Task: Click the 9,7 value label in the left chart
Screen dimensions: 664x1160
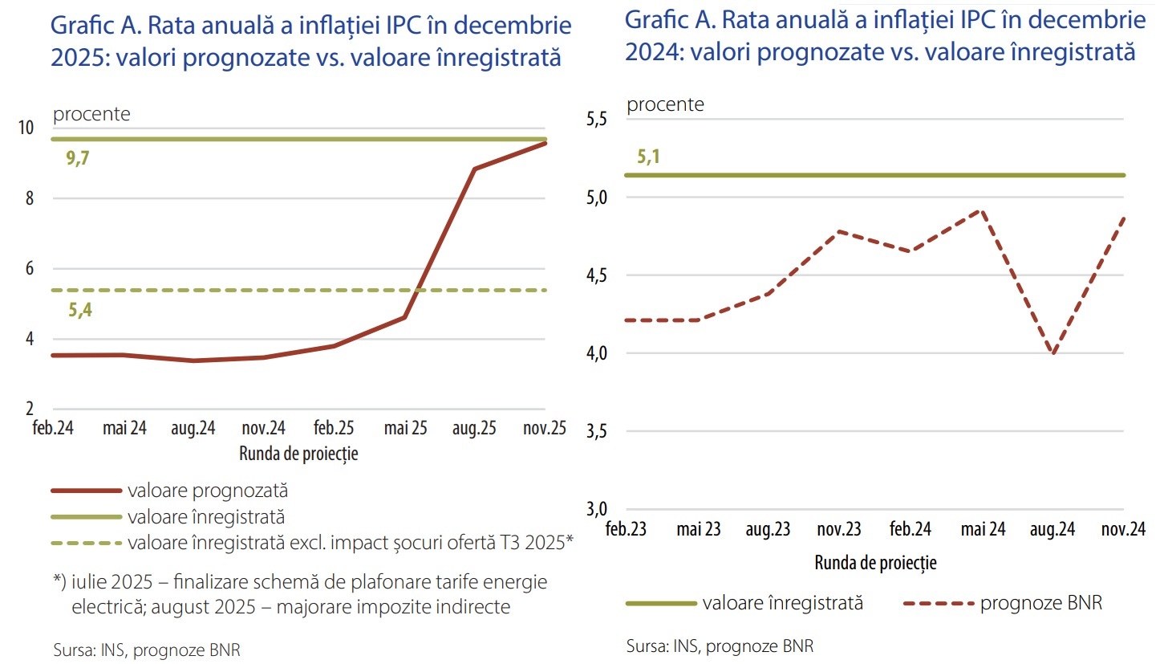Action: (78, 158)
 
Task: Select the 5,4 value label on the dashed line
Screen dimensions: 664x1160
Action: (80, 309)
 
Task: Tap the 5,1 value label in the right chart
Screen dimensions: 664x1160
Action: (648, 157)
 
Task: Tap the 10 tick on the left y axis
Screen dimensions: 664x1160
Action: (26, 128)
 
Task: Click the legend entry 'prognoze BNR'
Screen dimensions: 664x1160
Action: (1041, 604)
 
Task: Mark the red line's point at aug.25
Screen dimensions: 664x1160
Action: (474, 169)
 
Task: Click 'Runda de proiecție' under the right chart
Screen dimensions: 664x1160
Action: (875, 563)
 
